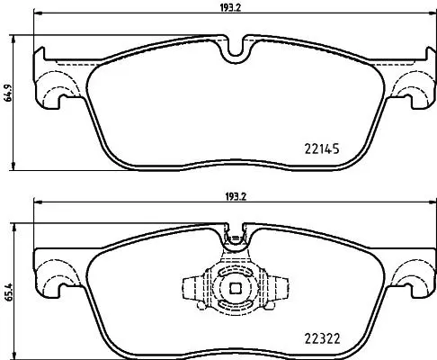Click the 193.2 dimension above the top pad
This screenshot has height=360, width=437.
point(230,8)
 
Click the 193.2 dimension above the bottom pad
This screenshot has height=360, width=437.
point(236,197)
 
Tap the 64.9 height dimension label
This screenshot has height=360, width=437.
point(8,93)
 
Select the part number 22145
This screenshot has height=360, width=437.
point(322,148)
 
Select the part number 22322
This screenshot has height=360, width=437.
point(322,339)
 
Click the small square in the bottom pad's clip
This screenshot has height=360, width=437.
point(236,288)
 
